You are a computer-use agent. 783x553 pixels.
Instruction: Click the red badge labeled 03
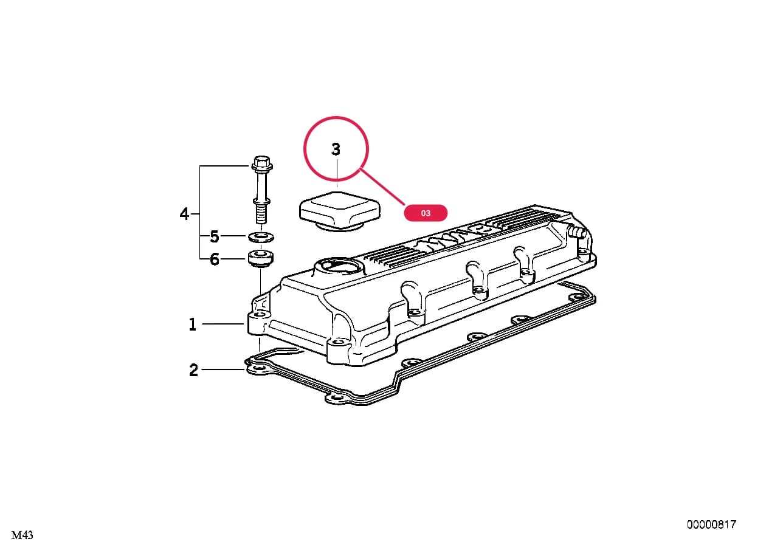(426, 213)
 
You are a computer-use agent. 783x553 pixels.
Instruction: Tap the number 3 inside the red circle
(336, 149)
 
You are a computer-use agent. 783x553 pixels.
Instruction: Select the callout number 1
(193, 325)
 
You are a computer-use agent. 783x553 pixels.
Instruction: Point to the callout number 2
(193, 370)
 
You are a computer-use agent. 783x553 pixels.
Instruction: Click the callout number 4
(184, 213)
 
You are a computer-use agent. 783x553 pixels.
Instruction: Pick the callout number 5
(214, 236)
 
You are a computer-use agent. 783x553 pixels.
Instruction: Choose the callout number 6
(214, 259)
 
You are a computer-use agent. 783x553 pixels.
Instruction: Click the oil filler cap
(339, 211)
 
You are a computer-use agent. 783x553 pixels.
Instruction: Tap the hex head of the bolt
(262, 163)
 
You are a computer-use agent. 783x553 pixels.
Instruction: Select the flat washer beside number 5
(261, 237)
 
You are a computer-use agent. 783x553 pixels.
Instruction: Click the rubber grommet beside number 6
(261, 258)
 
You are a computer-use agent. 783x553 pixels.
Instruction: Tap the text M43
(22, 535)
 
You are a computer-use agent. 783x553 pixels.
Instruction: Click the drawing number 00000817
(711, 524)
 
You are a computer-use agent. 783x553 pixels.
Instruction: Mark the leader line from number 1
(223, 324)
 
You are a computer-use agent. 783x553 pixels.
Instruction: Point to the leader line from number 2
(223, 369)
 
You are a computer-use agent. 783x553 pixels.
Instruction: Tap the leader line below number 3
(337, 173)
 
